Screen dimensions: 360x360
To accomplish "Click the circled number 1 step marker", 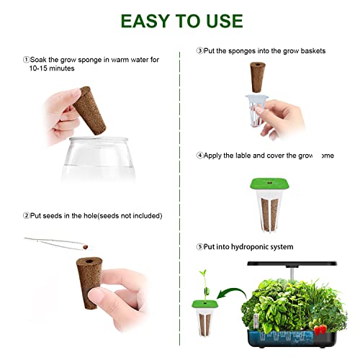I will [26, 60].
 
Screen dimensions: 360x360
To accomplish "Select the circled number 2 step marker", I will [26, 215].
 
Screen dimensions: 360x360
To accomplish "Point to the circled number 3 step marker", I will [199, 51].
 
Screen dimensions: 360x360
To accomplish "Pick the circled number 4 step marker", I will [199, 155].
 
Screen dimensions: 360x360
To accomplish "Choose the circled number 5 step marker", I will [199, 247].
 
